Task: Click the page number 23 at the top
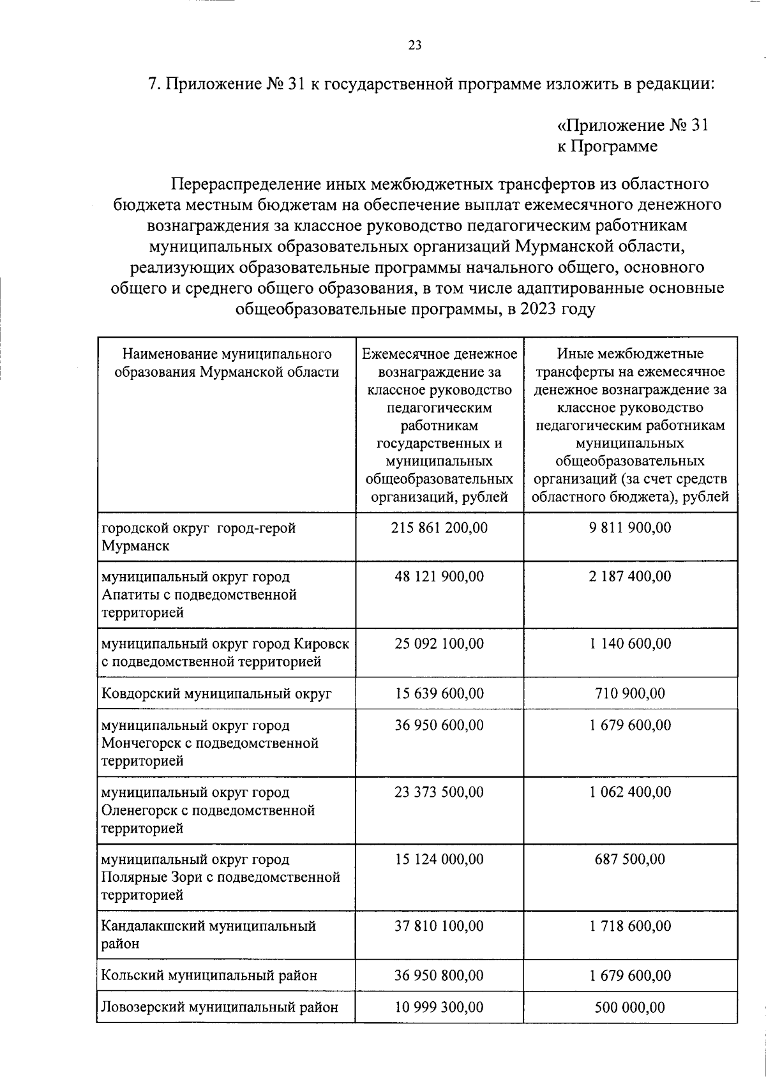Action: tap(414, 45)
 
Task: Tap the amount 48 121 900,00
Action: tap(439, 576)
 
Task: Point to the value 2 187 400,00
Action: tap(630, 576)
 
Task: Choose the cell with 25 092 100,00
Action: tap(439, 643)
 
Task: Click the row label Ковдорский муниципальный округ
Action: tap(217, 693)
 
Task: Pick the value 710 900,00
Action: tap(630, 693)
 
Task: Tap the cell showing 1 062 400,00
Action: tap(630, 792)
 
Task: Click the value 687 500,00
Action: tap(630, 859)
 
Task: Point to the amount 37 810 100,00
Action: tap(439, 925)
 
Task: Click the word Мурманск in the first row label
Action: tap(135, 546)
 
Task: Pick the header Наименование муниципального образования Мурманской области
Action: tap(227, 363)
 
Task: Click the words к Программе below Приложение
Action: tap(606, 146)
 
